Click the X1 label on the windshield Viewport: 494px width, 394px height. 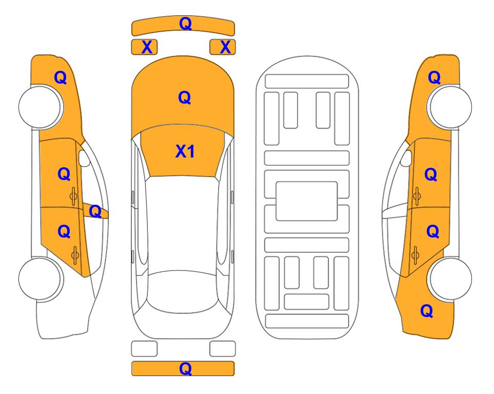tap(185, 152)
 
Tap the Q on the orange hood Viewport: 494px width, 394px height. tap(185, 97)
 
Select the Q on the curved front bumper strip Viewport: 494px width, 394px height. tap(186, 24)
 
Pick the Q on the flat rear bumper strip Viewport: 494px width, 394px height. tap(186, 368)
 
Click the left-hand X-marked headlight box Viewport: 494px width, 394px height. tap(144, 47)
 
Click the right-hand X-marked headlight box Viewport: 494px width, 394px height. tap(223, 47)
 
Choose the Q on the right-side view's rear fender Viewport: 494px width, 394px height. tap(427, 311)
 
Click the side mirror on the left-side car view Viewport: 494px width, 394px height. tap(84, 158)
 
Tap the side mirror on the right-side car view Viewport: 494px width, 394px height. tap(406, 158)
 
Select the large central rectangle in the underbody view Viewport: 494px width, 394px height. tap(307, 201)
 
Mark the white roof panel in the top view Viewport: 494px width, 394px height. tap(183, 224)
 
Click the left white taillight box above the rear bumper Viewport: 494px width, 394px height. tap(144, 349)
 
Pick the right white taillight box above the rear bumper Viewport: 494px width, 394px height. tap(223, 349)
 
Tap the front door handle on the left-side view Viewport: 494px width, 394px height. tap(74, 196)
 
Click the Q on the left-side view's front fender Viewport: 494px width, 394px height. tap(61, 77)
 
